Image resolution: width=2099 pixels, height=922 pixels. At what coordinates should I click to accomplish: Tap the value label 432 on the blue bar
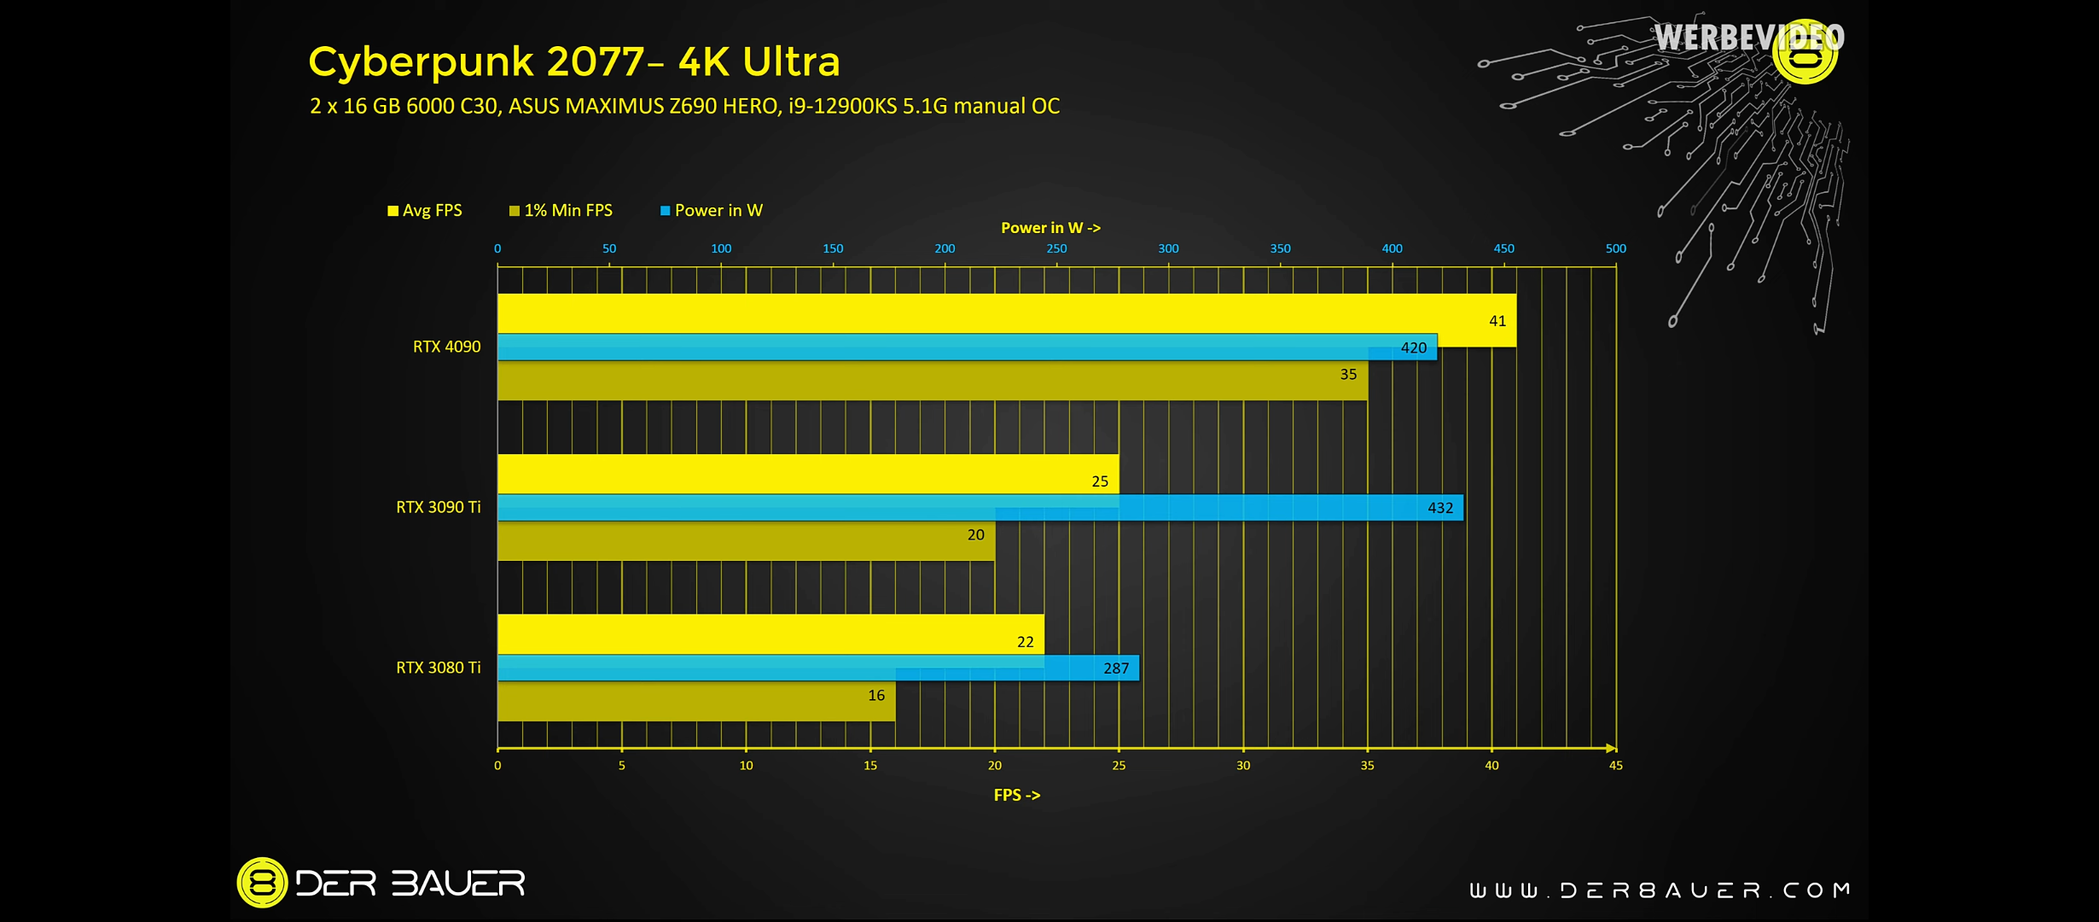click(1440, 508)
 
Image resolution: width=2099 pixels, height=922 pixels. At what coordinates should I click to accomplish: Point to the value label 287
click(1116, 668)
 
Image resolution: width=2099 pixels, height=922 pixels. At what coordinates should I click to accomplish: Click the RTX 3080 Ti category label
click(438, 668)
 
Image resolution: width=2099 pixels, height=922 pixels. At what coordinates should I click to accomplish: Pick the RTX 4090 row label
click(446, 347)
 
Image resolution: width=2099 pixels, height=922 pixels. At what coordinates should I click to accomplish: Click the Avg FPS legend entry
click(425, 211)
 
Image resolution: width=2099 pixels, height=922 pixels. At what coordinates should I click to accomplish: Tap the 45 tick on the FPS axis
click(1615, 766)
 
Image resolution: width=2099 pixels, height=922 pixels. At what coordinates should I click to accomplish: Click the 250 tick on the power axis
click(1056, 248)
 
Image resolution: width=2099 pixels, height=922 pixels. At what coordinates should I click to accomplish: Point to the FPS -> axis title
click(1016, 795)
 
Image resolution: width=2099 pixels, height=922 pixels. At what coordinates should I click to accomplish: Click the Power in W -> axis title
click(1050, 228)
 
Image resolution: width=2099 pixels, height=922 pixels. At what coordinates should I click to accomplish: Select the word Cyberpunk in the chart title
click(421, 61)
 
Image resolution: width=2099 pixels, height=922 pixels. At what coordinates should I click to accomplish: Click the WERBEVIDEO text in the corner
click(1747, 38)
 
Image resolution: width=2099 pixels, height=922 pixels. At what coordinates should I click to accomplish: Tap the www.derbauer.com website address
click(1660, 890)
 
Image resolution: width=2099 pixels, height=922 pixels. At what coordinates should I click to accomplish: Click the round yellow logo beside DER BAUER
click(262, 882)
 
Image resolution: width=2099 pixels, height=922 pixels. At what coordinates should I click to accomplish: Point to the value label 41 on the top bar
click(1497, 321)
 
